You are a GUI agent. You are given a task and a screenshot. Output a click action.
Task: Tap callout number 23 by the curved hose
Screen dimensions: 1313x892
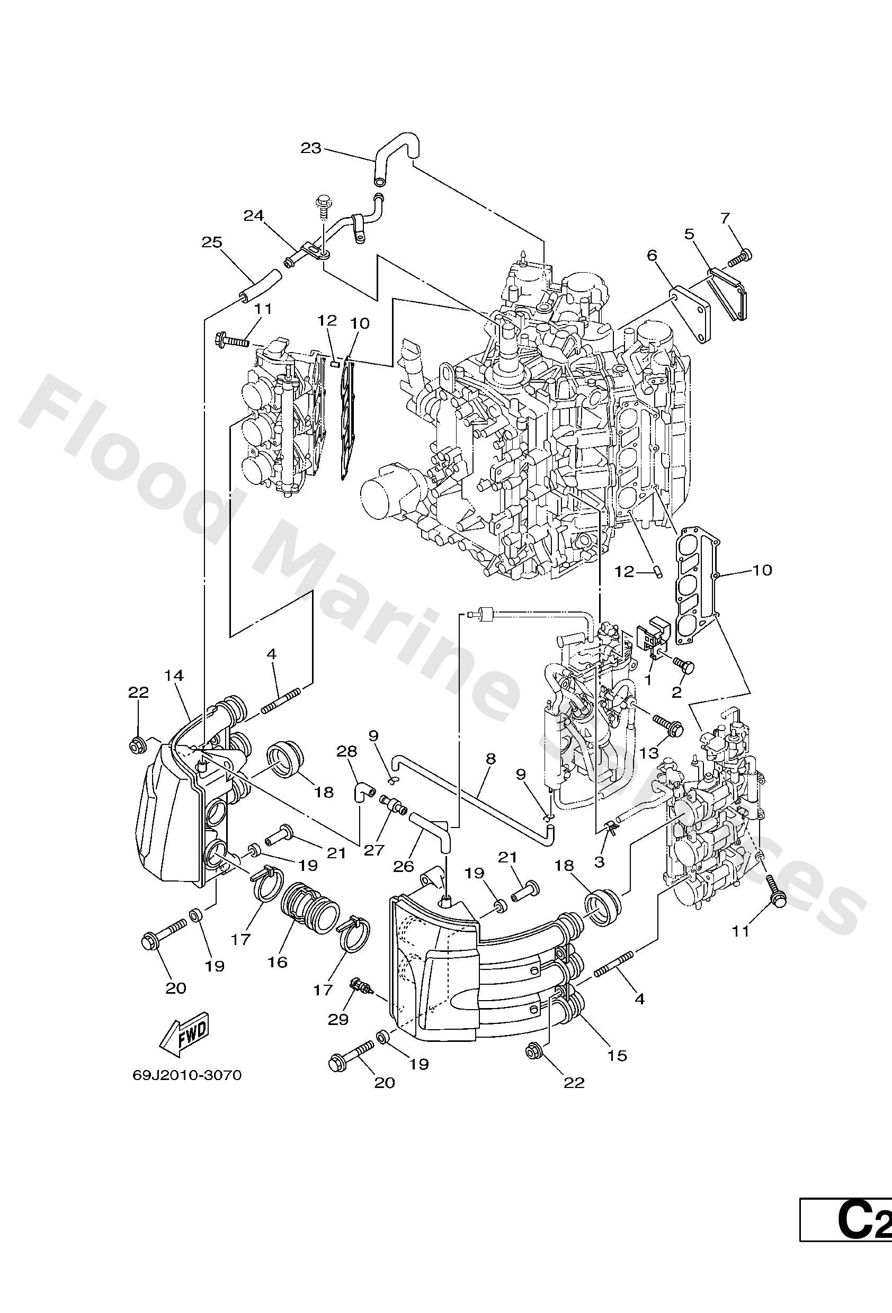coord(310,148)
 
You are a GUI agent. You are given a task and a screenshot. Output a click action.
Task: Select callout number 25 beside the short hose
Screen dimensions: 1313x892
coord(212,242)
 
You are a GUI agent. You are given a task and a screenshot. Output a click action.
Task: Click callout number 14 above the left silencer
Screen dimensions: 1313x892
coord(175,675)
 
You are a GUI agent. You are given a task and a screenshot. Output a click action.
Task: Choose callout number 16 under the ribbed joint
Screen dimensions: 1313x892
coord(278,961)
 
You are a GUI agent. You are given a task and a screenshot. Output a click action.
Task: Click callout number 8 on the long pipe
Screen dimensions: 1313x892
coord(490,759)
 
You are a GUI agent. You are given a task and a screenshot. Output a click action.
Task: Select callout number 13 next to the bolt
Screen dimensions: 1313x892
coord(649,752)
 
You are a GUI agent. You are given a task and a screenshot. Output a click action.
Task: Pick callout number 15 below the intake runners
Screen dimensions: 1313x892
coord(618,1055)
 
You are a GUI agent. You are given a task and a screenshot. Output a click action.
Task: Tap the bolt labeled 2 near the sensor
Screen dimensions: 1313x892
coord(684,666)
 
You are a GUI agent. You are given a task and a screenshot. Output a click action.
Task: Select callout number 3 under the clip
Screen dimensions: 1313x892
coord(599,861)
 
